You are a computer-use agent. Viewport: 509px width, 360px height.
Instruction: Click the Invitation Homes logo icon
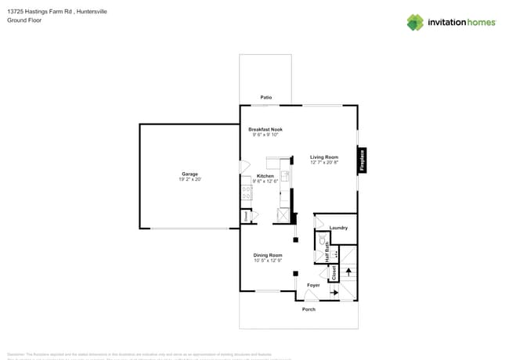tap(415, 22)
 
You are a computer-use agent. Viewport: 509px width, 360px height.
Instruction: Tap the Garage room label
tap(190, 174)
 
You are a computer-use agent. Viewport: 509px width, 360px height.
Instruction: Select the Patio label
tap(266, 98)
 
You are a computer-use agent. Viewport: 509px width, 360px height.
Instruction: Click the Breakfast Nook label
tap(265, 129)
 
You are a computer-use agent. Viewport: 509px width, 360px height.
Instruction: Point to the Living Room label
tap(324, 157)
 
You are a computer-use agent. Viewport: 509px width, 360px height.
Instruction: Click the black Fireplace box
tap(362, 160)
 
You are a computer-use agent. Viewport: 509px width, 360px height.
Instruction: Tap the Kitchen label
tap(265, 175)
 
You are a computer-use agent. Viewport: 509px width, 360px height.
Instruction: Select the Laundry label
tap(338, 228)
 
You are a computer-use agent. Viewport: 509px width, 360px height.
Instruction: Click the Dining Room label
tap(267, 255)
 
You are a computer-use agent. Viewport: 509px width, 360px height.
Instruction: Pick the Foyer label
tap(313, 285)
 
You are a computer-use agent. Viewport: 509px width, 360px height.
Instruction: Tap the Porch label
tap(309, 309)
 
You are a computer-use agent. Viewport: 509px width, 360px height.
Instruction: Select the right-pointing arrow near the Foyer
tap(334, 293)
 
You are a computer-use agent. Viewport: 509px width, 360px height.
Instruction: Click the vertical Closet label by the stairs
tap(334, 272)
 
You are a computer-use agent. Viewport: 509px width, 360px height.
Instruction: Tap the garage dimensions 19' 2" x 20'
tap(190, 180)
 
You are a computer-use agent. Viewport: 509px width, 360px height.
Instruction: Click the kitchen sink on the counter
tap(286, 177)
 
